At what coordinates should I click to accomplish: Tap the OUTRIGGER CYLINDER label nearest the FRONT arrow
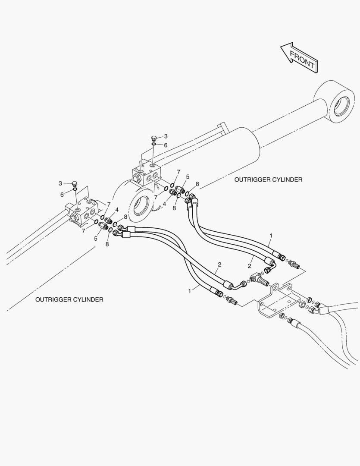[268, 180]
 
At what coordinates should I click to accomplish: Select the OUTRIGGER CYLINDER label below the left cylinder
[69, 299]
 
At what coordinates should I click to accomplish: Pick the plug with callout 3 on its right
[154, 138]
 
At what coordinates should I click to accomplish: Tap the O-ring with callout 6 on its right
[153, 145]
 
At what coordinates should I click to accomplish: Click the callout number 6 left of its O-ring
[62, 194]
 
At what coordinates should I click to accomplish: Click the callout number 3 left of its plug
[60, 183]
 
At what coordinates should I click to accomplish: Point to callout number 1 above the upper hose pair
[271, 236]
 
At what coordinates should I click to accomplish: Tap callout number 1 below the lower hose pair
[190, 291]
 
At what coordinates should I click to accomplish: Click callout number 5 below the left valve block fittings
[96, 238]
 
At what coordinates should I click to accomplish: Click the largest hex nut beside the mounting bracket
[301, 304]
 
